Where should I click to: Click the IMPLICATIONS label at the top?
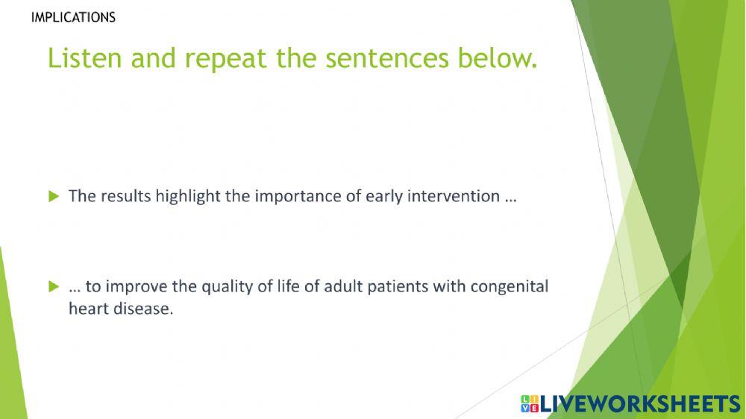[73, 18]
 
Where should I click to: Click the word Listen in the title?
[85, 58]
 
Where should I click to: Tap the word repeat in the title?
[225, 60]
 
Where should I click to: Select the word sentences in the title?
[386, 59]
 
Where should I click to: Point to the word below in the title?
[497, 58]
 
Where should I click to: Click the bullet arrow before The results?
[54, 196]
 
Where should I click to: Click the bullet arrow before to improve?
[54, 286]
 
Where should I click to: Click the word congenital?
[510, 287]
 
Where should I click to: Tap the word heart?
[89, 309]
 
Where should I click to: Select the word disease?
[143, 309]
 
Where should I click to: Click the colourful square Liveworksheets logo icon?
[530, 404]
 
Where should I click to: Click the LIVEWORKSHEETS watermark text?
[640, 404]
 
